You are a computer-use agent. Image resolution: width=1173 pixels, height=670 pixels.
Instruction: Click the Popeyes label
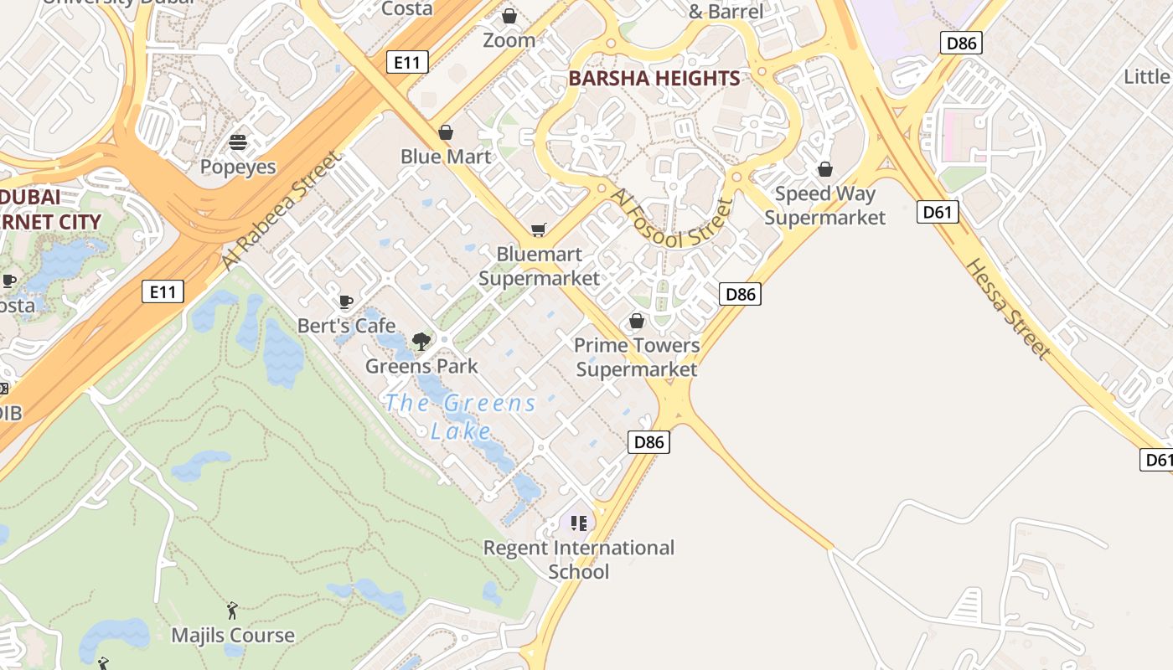238,167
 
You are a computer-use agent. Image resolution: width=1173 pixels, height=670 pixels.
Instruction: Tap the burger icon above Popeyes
238,142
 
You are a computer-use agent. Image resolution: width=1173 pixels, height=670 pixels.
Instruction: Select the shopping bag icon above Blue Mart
446,132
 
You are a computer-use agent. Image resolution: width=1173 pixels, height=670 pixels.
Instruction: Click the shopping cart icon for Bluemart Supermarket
539,229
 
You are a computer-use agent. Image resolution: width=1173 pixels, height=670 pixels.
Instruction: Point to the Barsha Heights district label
654,79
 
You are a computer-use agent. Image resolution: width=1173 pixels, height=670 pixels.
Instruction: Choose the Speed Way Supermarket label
824,206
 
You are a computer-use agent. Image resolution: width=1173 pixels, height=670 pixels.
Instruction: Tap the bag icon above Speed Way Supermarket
825,169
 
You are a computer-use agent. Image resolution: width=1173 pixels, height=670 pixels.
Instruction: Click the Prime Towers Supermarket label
637,357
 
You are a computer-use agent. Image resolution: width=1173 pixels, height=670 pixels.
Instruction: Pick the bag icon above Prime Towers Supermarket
637,321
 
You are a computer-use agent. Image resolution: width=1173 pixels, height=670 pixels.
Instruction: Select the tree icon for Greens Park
421,341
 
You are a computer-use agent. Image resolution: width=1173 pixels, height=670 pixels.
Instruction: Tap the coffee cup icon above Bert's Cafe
345,301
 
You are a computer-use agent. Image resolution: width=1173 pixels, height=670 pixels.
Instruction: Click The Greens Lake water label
461,416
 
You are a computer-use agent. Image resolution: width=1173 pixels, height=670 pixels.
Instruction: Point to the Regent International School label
579,559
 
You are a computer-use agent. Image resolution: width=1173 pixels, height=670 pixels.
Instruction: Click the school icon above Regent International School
579,523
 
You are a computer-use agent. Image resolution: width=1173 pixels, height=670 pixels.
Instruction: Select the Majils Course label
233,636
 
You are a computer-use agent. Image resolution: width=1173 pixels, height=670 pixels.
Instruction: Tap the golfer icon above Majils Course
232,611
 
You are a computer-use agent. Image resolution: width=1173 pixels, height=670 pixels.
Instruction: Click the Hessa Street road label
1007,309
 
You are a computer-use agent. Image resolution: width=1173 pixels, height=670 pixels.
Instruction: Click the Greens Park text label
421,366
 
